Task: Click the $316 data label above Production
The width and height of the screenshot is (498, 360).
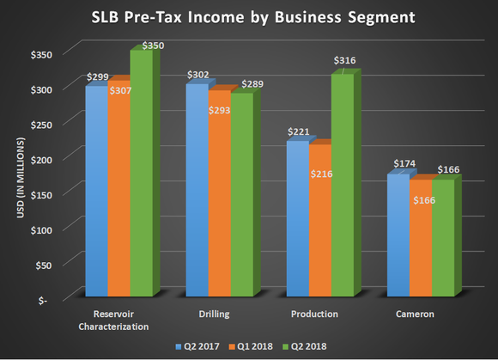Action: (343, 60)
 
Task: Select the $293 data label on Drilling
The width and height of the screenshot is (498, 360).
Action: (218, 111)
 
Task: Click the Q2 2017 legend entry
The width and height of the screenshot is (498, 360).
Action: (199, 345)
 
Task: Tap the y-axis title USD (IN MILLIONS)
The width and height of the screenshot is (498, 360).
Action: (18, 177)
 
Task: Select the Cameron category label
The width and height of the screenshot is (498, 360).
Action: (416, 314)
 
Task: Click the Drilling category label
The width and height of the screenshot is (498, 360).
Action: (215, 314)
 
